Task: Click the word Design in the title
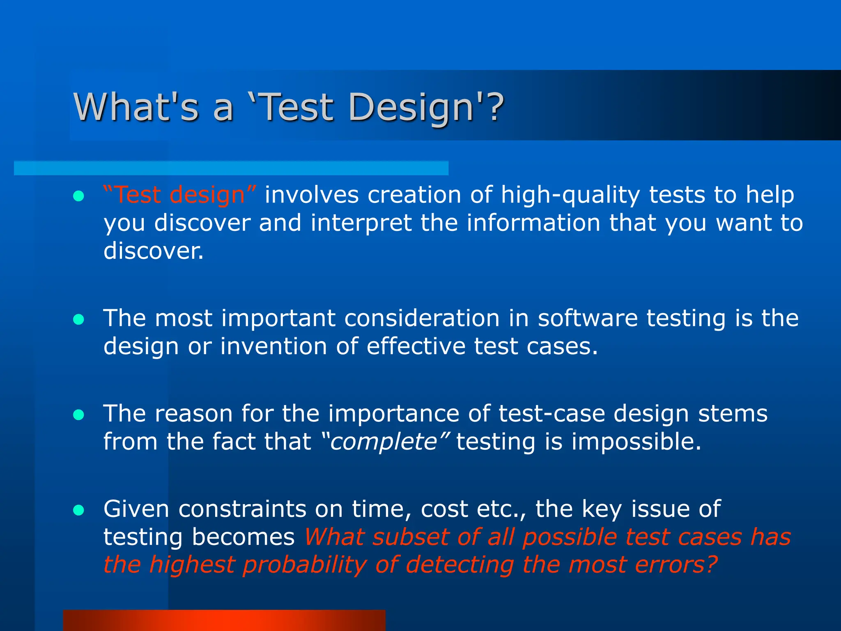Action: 411,107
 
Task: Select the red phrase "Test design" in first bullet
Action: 180,195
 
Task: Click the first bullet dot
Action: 78,196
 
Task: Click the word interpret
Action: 361,223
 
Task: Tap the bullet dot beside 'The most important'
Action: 78,319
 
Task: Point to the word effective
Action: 416,346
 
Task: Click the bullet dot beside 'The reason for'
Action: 78,415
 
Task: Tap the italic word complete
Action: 384,442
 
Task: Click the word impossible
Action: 636,442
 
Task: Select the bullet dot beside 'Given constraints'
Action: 78,510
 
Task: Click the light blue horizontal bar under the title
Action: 231,168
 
